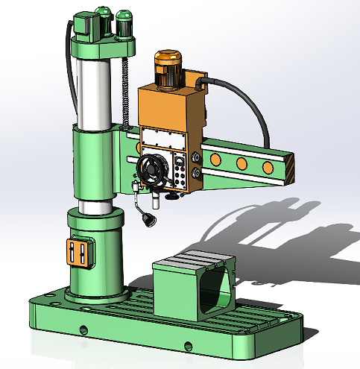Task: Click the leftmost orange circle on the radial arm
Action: coord(215,160)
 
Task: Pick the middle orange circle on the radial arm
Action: coord(241,163)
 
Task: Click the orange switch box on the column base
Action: coord(77,253)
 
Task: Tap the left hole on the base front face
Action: coord(84,329)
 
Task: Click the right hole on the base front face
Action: coord(189,345)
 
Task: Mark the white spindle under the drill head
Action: coord(157,200)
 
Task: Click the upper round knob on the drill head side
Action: coord(195,157)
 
